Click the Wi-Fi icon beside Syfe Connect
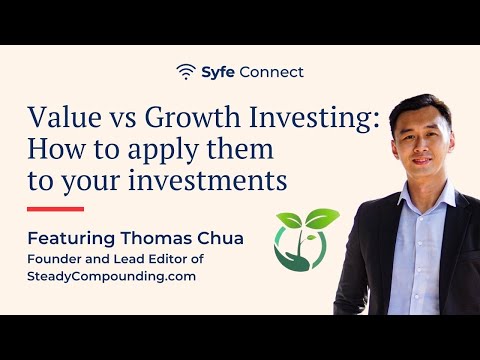point(186,72)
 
